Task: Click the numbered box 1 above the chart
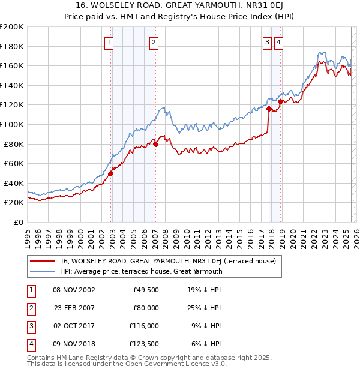tap(109, 42)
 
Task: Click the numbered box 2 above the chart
tap(154, 42)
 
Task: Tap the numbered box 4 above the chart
tap(280, 42)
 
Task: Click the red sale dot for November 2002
tap(111, 174)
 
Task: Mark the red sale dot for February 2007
tap(155, 144)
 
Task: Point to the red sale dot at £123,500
tap(280, 101)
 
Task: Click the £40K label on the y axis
tap(14, 183)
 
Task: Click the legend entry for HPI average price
tap(141, 271)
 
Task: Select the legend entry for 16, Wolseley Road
tap(167, 261)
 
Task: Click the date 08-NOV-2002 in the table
tap(74, 290)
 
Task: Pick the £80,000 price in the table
tap(146, 307)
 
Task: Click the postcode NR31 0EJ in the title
tap(253, 7)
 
